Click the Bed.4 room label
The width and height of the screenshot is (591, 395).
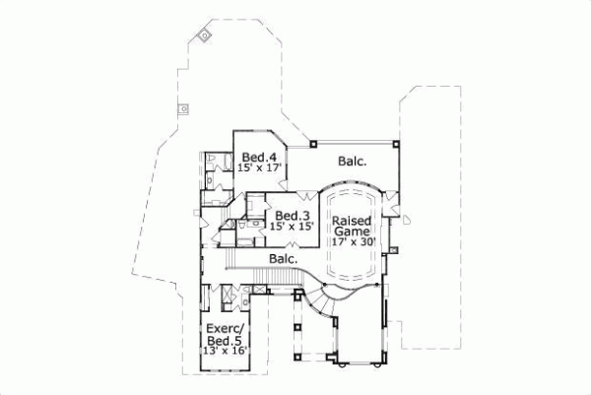coord(258,156)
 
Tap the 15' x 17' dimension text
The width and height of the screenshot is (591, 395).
coord(260,167)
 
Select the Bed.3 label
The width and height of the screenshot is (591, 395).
coord(293,215)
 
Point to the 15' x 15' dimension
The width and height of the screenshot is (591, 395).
coord(293,227)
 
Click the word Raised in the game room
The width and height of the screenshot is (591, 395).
coord(351,221)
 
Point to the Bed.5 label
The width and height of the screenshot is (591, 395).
coord(227,340)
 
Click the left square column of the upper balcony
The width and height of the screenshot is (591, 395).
coord(312,143)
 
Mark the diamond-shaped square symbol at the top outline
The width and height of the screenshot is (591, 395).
coord(204,34)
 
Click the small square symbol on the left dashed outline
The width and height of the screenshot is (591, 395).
coord(183,109)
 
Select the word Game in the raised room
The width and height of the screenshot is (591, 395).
coord(351,232)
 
